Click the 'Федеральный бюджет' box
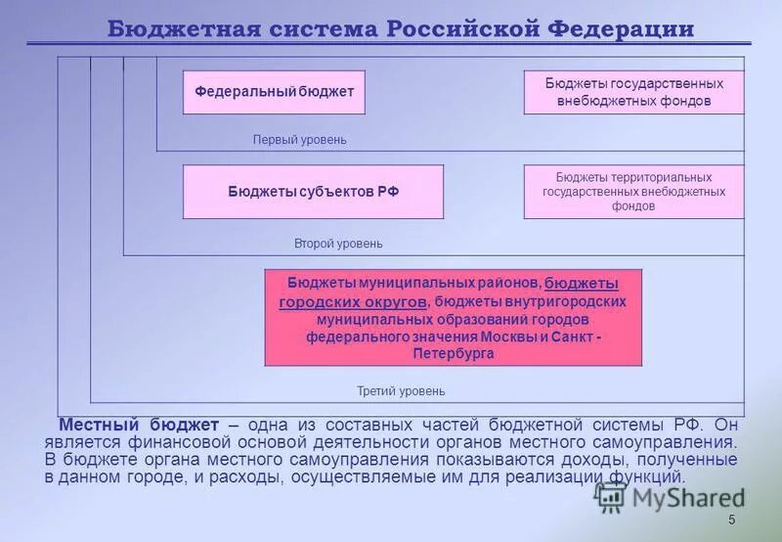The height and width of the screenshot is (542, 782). coord(274,92)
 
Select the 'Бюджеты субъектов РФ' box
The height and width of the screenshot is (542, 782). coord(314,192)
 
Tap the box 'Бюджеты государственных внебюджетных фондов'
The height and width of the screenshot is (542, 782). coord(633,92)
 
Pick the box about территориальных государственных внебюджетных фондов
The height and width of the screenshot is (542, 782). coord(633,192)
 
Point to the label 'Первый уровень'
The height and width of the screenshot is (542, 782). coord(300,140)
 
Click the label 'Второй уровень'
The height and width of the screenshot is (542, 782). coord(338,243)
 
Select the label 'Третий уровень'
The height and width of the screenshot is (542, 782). coord(401,391)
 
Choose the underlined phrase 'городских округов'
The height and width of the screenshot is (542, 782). coord(353,302)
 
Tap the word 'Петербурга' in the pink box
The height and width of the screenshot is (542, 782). coord(454,353)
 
